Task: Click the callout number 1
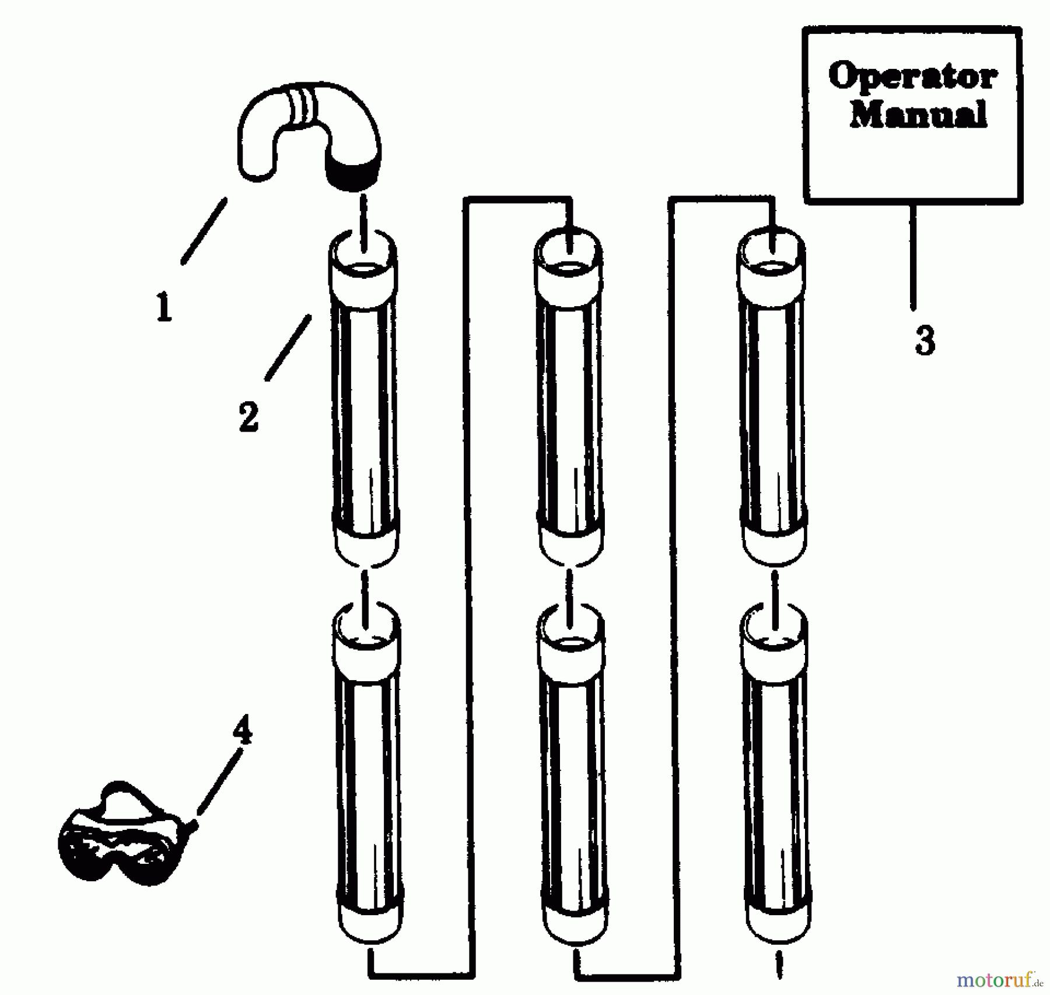click(x=164, y=307)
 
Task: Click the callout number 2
click(x=249, y=416)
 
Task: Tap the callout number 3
click(x=925, y=341)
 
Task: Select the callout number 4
click(x=243, y=730)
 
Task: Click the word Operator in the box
click(x=912, y=77)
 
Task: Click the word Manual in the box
click(x=918, y=114)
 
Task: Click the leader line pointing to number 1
click(x=204, y=231)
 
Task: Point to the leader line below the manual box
click(x=913, y=257)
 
